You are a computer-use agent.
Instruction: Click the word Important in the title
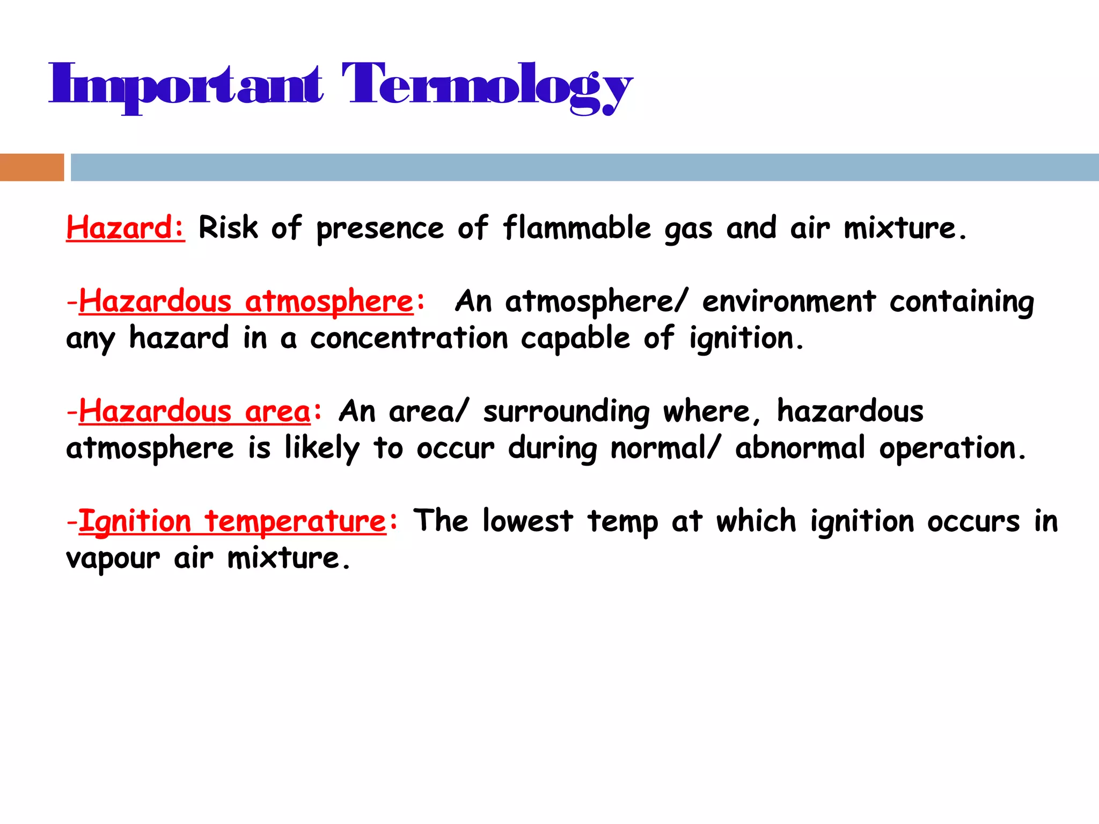point(186,86)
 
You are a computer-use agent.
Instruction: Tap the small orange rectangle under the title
point(32,167)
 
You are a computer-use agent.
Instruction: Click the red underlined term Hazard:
point(126,228)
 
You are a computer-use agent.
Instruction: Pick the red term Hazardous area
point(195,412)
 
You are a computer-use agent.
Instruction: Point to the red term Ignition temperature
point(232,522)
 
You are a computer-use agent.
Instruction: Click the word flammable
point(577,228)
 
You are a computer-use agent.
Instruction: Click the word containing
point(962,301)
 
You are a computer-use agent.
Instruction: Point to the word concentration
point(409,339)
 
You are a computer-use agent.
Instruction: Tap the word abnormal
point(800,448)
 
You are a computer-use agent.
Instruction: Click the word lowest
point(527,521)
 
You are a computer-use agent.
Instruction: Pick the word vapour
point(113,559)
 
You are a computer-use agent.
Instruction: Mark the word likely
point(321,449)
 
